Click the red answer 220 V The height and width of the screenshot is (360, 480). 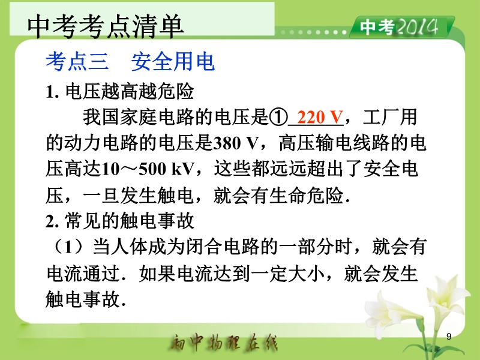pos(320,117)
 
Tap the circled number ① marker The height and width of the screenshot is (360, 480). pos(278,117)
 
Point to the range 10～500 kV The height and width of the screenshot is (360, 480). pos(148,169)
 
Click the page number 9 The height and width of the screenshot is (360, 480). pos(449,337)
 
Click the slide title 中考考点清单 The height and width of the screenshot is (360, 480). pos(106,26)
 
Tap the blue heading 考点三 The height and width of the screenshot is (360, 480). pos(77,62)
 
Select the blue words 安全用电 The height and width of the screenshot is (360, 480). pos(173,62)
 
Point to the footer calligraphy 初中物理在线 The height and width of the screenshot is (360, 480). pos(224,342)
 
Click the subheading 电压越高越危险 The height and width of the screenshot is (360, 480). pos(130,91)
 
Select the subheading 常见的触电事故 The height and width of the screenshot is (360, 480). pos(130,221)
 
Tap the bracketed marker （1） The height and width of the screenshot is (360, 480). pos(68,247)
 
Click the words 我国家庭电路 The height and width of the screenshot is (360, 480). pos(139,117)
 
